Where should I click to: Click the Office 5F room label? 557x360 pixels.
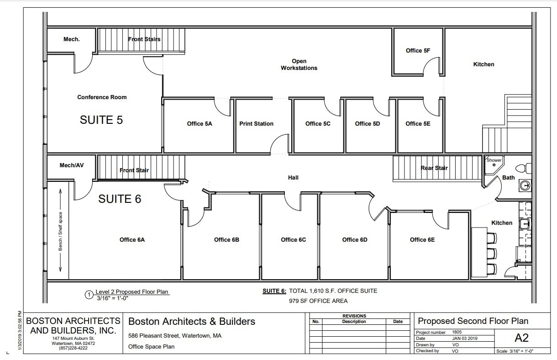[418, 51]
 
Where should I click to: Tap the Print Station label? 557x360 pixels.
[256, 124]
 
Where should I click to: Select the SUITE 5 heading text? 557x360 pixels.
[101, 120]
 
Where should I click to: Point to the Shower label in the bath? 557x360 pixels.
[494, 160]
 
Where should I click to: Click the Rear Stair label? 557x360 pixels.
[434, 168]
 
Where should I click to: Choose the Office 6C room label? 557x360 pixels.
[293, 240]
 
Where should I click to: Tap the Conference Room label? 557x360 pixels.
[102, 97]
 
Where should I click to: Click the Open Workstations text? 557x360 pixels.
[299, 64]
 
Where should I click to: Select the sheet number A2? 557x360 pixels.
[521, 338]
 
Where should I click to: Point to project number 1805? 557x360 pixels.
[457, 332]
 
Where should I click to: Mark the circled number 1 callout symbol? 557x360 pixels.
[89, 295]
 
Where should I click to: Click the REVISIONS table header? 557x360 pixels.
[354, 316]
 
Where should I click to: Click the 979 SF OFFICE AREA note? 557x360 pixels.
[318, 301]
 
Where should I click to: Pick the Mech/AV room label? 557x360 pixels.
[72, 165]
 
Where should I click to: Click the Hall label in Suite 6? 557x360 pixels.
[293, 177]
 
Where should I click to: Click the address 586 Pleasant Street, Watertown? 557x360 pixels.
[175, 336]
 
